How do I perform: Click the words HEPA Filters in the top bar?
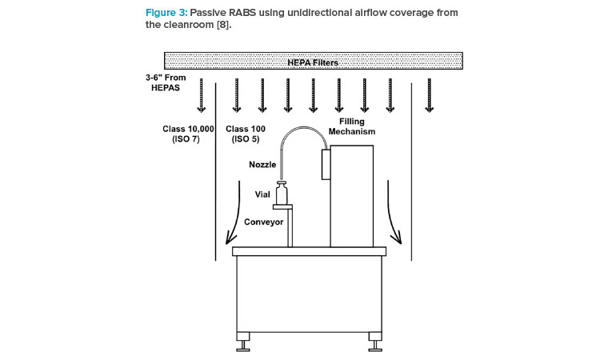(x=313, y=62)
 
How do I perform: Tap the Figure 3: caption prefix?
(x=166, y=13)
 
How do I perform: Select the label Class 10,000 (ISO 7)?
(x=188, y=134)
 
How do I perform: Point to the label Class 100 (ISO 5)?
(x=246, y=134)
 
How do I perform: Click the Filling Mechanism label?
(x=352, y=126)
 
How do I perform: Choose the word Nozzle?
(x=262, y=165)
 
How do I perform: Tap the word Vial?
(x=262, y=194)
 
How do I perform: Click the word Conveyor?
(x=264, y=222)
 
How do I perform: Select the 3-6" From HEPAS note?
(x=166, y=82)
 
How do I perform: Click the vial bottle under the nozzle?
(x=282, y=194)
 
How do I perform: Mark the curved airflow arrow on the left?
(x=234, y=213)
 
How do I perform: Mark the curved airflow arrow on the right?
(x=394, y=213)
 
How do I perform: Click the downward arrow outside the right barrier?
(x=430, y=95)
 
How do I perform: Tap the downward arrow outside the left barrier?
(x=202, y=95)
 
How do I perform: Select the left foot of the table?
(x=243, y=342)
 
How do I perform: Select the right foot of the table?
(x=375, y=342)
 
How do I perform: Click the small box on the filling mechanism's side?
(x=326, y=165)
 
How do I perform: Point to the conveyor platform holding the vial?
(x=282, y=207)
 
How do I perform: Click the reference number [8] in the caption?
(x=222, y=25)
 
